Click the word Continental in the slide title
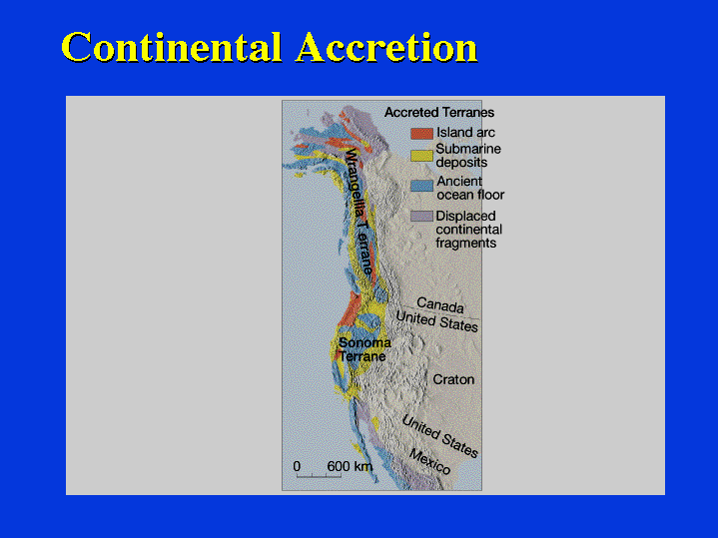171,47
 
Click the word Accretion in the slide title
386,47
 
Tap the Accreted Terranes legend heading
439,112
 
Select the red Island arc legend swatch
421,133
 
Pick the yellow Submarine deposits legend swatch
421,156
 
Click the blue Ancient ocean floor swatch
421,186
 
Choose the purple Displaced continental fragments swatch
421,217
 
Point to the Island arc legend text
465,133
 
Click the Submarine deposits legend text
468,156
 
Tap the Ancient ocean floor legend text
470,189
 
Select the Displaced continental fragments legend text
469,230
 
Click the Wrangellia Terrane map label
359,212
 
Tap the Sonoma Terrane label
364,349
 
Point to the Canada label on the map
440,305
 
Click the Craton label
453,379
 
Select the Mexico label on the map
429,461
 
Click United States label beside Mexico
440,436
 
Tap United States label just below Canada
436,321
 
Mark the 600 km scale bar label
350,466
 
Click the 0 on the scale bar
297,466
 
